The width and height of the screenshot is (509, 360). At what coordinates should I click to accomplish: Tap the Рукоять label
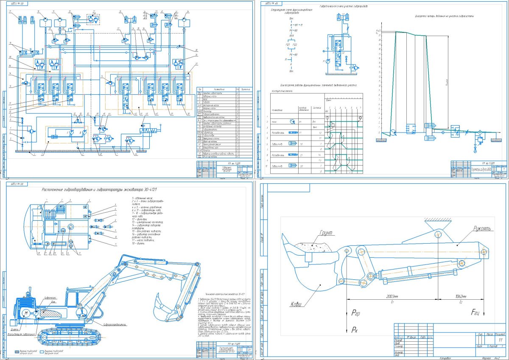click(481, 229)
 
